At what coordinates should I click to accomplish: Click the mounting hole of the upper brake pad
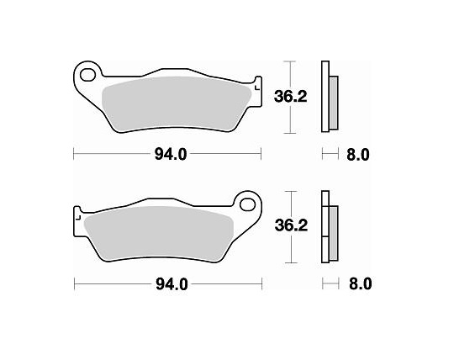coord(86,75)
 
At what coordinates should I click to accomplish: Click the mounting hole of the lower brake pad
coord(248,205)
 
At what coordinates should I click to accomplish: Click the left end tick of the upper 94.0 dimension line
coord(74,154)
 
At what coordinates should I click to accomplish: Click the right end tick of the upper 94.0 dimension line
coord(261,154)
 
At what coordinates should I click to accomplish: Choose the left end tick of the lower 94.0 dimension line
coord(74,284)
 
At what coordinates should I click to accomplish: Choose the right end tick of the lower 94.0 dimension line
coord(261,284)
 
